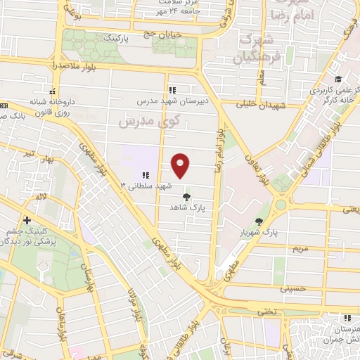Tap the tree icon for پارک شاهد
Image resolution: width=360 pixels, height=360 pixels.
point(186,198)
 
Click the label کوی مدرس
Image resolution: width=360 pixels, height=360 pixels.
point(149,120)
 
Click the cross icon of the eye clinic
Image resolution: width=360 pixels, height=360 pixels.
point(26,221)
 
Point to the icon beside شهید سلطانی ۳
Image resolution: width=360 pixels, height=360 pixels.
point(145,175)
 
